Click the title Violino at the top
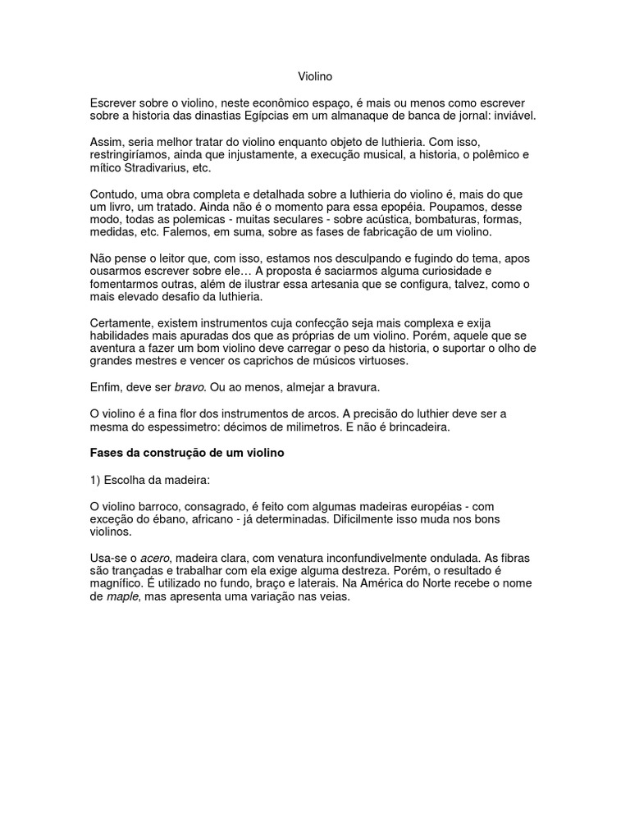pyautogui.click(x=315, y=77)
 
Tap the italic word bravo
pyautogui.click(x=189, y=386)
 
